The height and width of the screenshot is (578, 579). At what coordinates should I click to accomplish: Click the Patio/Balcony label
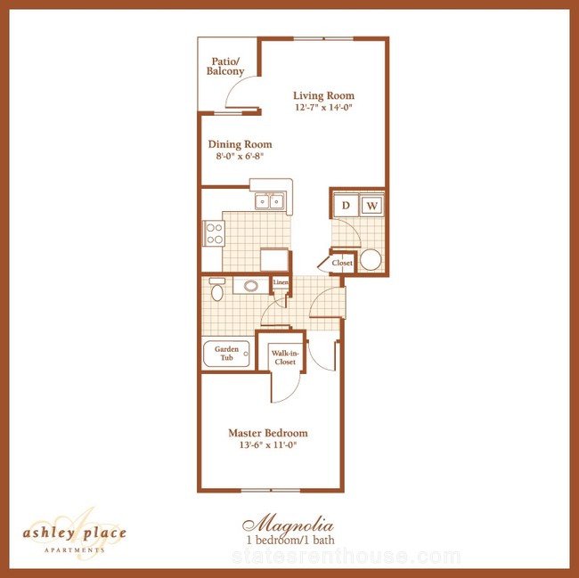[x=225, y=67]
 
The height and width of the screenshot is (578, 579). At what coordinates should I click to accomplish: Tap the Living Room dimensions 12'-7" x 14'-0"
[x=323, y=108]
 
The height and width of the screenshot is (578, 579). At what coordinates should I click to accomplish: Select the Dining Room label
[x=240, y=144]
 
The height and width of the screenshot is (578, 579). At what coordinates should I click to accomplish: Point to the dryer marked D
[x=346, y=205]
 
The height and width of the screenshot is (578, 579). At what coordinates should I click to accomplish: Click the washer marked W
[x=371, y=205]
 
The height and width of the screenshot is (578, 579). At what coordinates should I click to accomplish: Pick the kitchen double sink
[x=270, y=201]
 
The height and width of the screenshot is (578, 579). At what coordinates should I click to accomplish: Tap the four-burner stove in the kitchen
[x=214, y=233]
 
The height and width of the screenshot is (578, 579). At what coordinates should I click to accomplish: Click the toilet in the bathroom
[x=217, y=289]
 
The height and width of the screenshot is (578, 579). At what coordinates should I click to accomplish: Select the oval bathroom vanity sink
[x=251, y=286]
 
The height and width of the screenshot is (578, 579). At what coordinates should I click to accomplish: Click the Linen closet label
[x=281, y=282]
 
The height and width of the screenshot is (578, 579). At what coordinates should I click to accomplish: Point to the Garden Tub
[x=227, y=354]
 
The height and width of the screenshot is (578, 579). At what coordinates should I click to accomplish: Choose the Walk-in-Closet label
[x=285, y=357]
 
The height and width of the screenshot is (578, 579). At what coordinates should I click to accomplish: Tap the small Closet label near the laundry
[x=342, y=263]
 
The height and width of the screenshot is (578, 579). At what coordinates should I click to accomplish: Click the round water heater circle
[x=371, y=259]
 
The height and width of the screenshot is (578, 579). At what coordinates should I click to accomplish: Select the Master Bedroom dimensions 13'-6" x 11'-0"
[x=268, y=444]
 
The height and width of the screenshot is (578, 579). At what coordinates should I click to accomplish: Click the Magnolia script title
[x=288, y=524]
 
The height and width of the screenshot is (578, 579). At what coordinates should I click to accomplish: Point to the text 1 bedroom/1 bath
[x=290, y=540]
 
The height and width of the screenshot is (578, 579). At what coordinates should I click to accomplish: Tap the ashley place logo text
[x=75, y=533]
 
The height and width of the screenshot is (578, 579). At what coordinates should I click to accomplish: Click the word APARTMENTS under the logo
[x=75, y=550]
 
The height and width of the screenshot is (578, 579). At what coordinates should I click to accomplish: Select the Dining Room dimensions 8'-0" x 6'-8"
[x=240, y=156]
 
